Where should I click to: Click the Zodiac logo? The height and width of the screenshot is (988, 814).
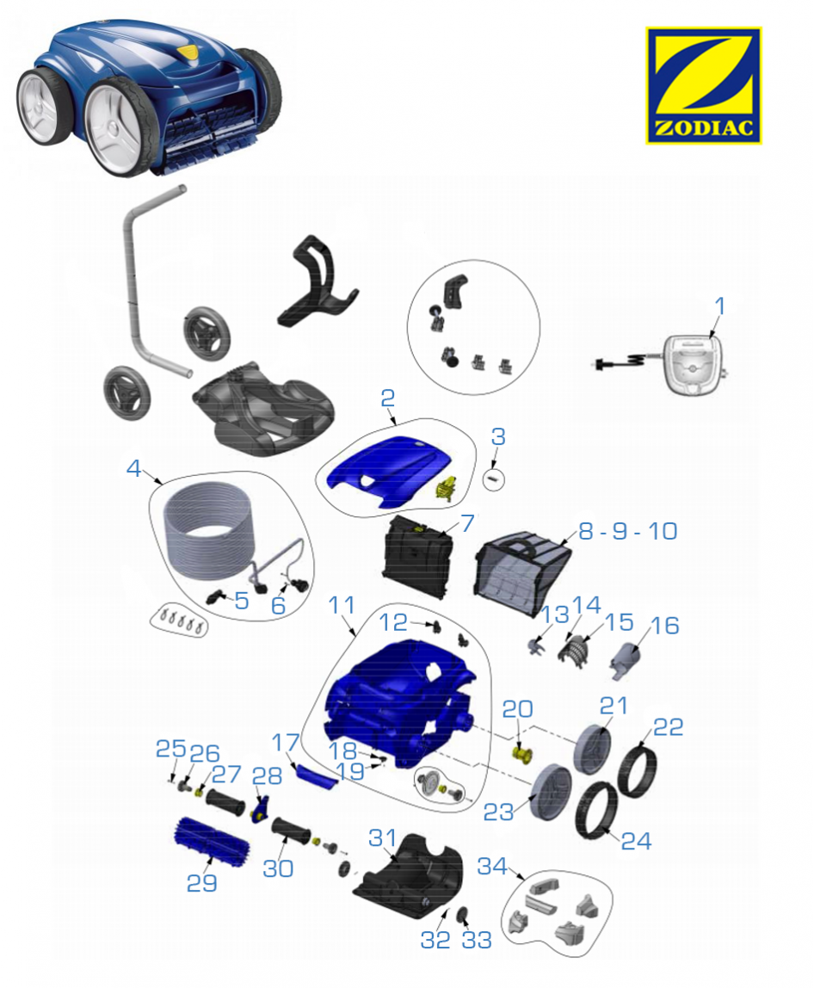click(x=703, y=85)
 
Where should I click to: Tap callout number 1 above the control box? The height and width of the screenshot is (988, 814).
click(x=720, y=306)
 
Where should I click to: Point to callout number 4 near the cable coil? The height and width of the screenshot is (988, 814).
click(x=133, y=468)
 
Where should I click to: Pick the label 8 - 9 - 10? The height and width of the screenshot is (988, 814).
click(x=627, y=531)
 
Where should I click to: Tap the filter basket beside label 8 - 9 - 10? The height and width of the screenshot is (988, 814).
click(x=522, y=568)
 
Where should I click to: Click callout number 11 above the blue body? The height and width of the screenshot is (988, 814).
click(x=342, y=605)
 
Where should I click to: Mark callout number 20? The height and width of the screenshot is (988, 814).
click(x=517, y=709)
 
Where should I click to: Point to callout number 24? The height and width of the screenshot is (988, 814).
click(x=637, y=841)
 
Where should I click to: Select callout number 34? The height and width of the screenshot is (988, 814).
click(x=492, y=867)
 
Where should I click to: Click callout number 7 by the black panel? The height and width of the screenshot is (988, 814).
click(x=467, y=522)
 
